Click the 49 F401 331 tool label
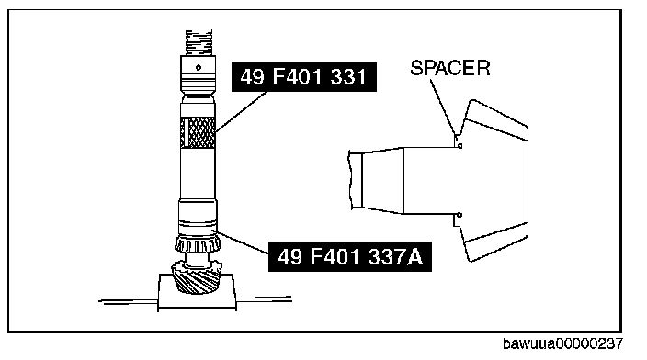(304, 77)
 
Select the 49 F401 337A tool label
(350, 257)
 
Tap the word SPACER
(450, 68)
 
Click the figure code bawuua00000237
(562, 343)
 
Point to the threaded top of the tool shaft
(199, 43)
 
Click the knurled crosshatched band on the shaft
(198, 132)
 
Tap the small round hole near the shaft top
(199, 67)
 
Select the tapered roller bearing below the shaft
(198, 244)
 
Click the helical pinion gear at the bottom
(197, 276)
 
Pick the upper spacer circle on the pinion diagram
(460, 146)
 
